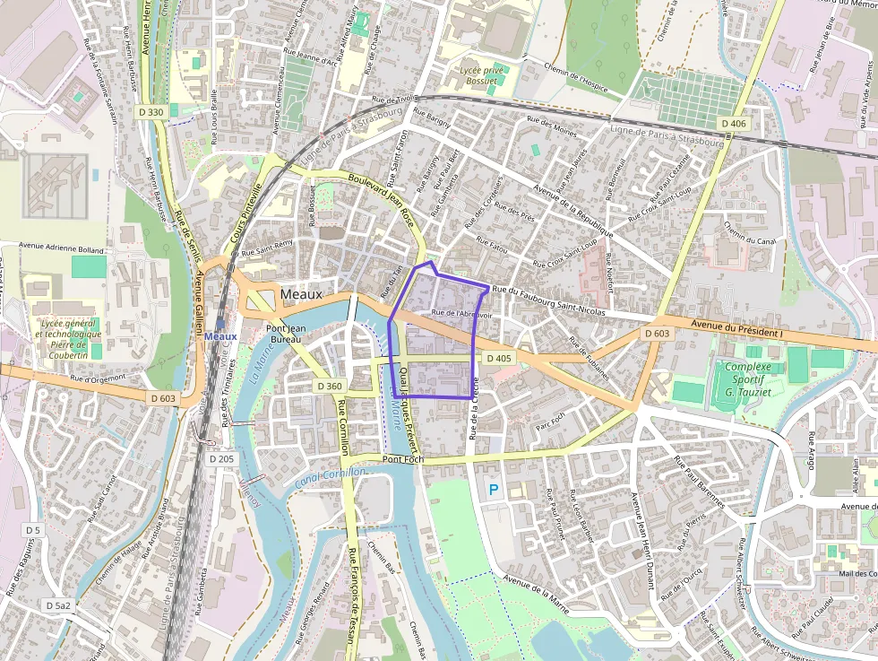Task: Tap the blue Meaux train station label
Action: click(x=220, y=335)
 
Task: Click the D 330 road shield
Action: click(x=151, y=112)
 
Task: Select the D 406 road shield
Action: click(x=732, y=123)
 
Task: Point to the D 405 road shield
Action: click(x=499, y=358)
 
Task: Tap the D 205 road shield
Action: click(x=221, y=458)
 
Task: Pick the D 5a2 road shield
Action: click(x=58, y=606)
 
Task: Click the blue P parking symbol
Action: click(x=493, y=490)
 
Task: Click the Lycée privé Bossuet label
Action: click(x=483, y=75)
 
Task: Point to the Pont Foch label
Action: click(x=402, y=459)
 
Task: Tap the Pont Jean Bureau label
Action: click(x=286, y=335)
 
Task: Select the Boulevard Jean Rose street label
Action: click(x=380, y=192)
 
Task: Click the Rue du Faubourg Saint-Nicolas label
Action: click(x=548, y=300)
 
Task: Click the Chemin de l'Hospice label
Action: click(x=569, y=74)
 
